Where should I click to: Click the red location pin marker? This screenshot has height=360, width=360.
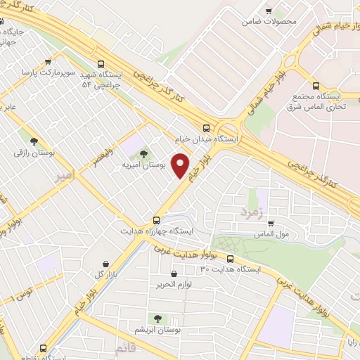181,165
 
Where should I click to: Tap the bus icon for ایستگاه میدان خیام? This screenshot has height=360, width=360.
206,128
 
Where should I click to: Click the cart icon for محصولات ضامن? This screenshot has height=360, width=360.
269,11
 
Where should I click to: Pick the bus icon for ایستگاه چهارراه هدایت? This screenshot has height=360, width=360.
156,219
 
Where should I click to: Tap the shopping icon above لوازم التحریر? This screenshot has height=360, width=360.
174,274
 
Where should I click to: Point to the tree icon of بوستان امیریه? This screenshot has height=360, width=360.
144,153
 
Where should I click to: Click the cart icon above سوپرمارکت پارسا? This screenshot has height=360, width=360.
47,60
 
